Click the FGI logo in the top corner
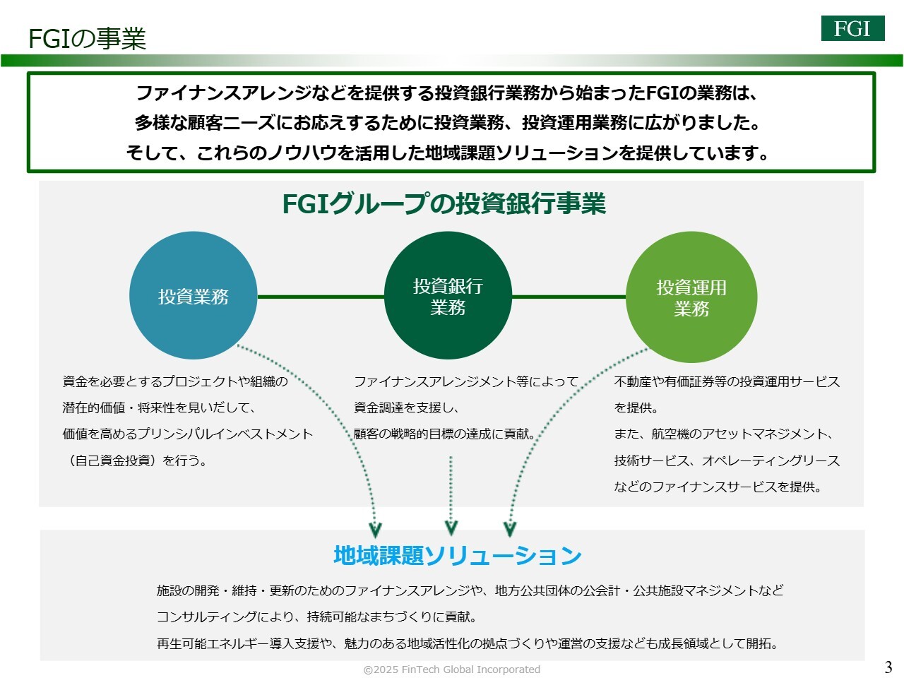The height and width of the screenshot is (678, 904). [x=852, y=28]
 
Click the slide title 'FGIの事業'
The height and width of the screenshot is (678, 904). [x=87, y=39]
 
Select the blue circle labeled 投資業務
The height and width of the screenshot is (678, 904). [x=193, y=296]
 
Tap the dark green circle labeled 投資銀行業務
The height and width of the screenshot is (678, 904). [x=448, y=296]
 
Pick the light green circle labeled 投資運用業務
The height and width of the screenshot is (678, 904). [x=691, y=297]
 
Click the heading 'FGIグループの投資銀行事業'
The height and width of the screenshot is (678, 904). [x=444, y=204]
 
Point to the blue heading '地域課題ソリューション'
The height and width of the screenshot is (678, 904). [x=457, y=555]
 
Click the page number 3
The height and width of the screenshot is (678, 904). [x=888, y=667]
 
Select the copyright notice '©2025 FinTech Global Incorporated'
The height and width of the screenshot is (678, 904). [x=452, y=670]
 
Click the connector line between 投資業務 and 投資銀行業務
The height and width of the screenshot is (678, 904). [x=321, y=297]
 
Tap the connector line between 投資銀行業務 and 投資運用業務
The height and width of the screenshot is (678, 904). [x=569, y=297]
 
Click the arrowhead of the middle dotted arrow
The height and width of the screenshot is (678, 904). [x=451, y=528]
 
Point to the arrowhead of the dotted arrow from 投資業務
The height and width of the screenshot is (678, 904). [x=376, y=529]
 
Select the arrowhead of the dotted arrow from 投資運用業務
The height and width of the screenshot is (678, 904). [x=510, y=529]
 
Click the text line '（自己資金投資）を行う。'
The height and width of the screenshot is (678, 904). [x=135, y=460]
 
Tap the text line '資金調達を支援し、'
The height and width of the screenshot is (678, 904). [x=407, y=408]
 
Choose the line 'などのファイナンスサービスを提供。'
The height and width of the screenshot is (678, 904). [x=718, y=487]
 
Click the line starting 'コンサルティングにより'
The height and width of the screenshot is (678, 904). [x=317, y=617]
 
